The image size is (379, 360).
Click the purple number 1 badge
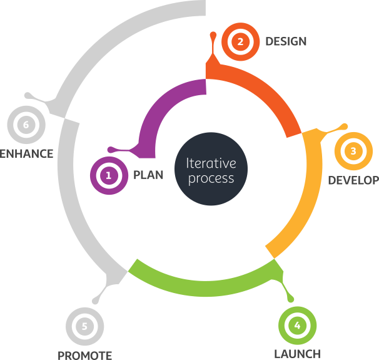[x=109, y=175]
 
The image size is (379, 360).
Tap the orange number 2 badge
[x=241, y=41]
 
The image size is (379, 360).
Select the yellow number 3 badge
[x=353, y=151]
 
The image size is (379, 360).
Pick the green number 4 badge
[x=297, y=326]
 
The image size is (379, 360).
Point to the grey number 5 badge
[x=84, y=326]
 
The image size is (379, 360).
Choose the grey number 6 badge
[x=26, y=125]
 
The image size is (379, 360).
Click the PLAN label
[x=148, y=175]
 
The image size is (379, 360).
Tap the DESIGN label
[x=286, y=41]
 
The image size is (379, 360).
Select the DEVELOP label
[x=353, y=180]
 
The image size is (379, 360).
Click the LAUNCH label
[x=297, y=354]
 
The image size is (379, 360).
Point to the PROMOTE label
[x=84, y=355]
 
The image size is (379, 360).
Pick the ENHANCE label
[x=26, y=154]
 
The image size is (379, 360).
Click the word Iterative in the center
[x=211, y=163]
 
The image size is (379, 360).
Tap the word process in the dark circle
[x=211, y=179]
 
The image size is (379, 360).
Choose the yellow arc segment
[x=312, y=193]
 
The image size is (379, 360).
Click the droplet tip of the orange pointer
[x=213, y=34]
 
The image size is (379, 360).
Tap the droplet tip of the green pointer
[x=291, y=299]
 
